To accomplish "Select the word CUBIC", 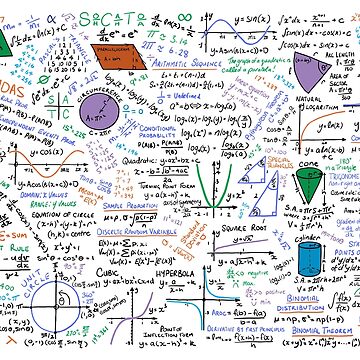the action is coord(110,271).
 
